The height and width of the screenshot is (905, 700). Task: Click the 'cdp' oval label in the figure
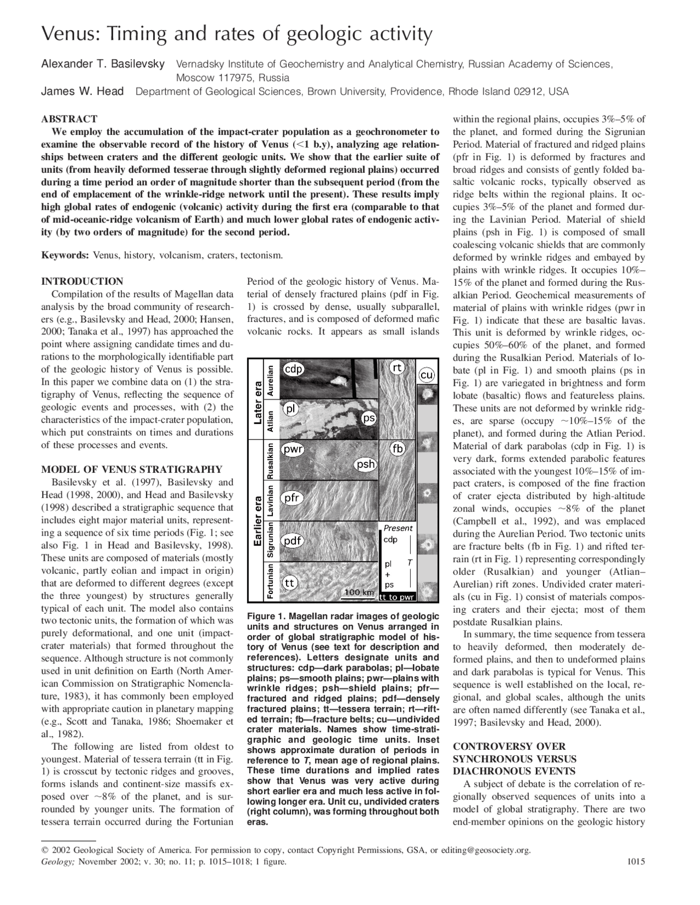pyautogui.click(x=294, y=369)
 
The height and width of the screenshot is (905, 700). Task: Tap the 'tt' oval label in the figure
pyautogui.click(x=290, y=583)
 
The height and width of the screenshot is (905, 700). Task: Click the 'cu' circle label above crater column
pyautogui.click(x=427, y=375)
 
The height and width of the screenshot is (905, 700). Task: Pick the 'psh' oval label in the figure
pyautogui.click(x=365, y=464)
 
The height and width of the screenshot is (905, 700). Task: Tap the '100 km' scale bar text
pyautogui.click(x=359, y=592)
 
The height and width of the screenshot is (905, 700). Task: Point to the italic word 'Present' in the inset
pyautogui.click(x=398, y=528)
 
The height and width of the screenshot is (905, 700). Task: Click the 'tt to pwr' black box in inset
pyautogui.click(x=396, y=597)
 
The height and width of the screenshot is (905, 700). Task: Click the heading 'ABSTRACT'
pyautogui.click(x=69, y=119)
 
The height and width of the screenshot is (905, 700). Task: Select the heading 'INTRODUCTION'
pyautogui.click(x=82, y=281)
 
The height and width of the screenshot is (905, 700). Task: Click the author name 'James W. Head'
pyautogui.click(x=83, y=91)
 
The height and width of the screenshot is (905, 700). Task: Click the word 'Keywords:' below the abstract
pyautogui.click(x=65, y=255)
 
